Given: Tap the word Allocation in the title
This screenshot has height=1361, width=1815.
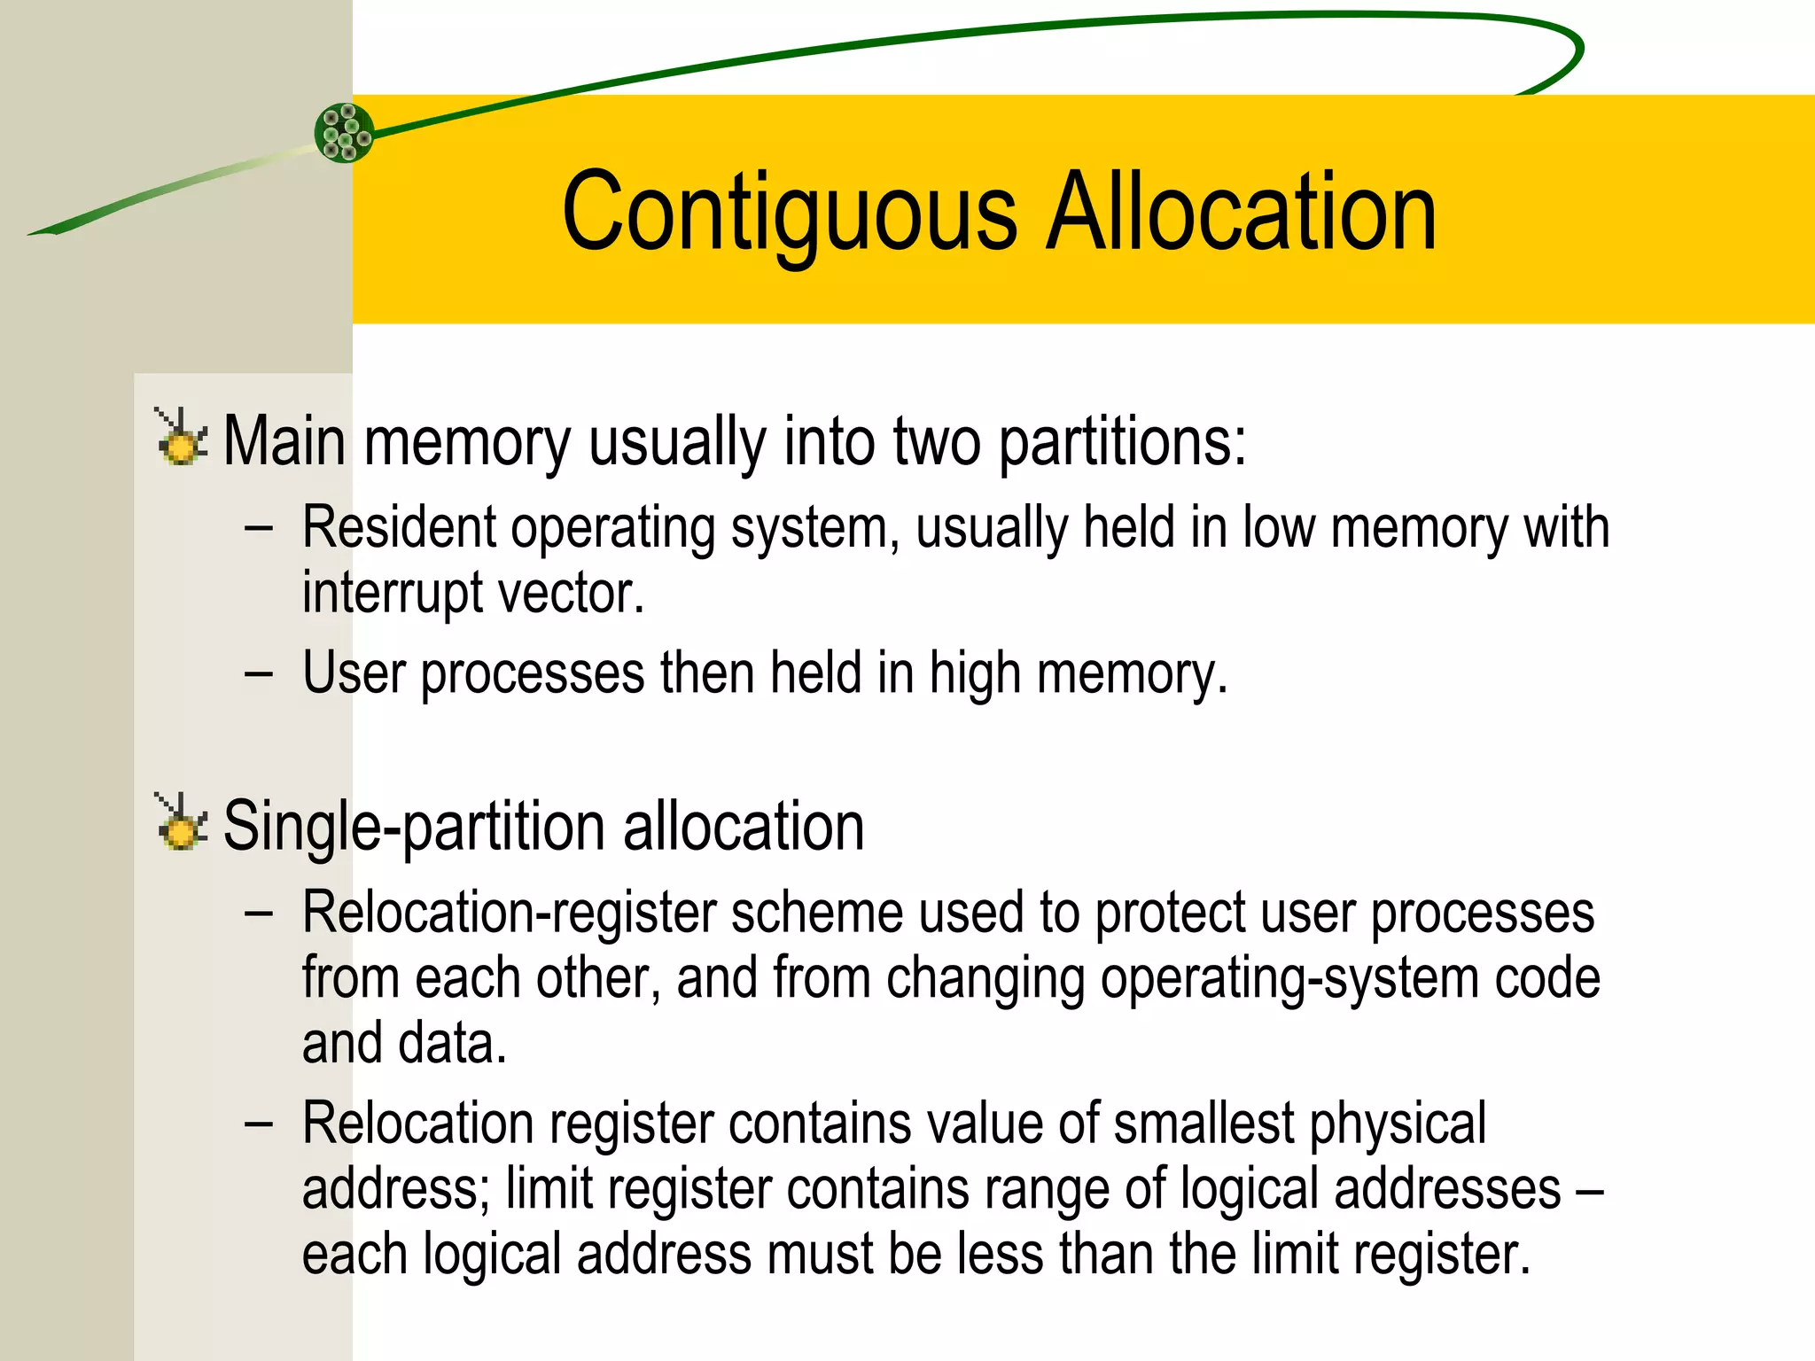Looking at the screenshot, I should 1241,213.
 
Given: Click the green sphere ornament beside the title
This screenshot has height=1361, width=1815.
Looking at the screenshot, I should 344,133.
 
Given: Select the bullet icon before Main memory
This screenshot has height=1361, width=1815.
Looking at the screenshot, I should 182,438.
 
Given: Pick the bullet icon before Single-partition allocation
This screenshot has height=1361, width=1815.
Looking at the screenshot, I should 182,822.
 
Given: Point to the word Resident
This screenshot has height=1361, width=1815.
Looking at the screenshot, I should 398,527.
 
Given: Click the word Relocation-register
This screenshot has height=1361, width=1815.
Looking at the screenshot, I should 509,913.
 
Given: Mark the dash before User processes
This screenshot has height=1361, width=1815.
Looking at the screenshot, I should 259,673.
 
